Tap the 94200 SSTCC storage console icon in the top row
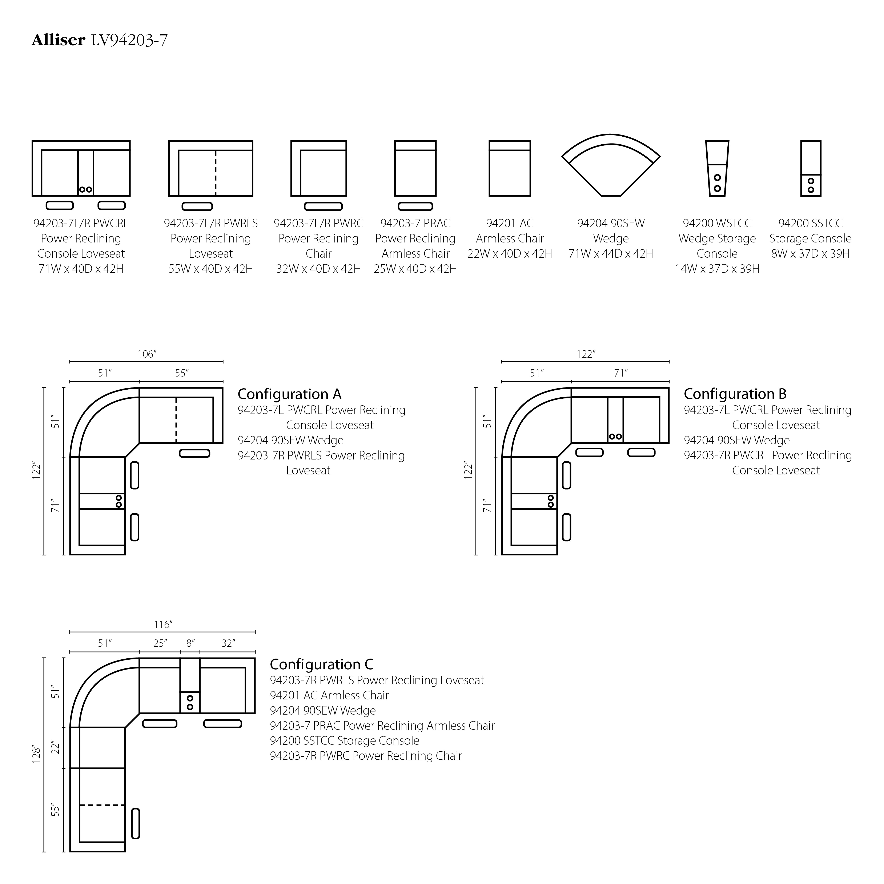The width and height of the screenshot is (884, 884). [810, 168]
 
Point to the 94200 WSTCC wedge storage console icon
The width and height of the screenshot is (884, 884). [717, 168]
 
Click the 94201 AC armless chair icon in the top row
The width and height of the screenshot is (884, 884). [510, 168]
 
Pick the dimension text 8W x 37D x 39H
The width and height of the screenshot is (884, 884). [810, 253]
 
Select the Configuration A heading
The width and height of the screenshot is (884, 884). [289, 394]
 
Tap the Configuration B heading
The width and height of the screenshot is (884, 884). [735, 394]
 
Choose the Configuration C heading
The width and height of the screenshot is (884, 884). [321, 664]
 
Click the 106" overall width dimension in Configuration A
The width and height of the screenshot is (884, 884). [147, 354]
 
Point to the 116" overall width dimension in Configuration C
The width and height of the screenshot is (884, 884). [162, 624]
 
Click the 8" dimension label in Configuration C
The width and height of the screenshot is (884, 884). [190, 643]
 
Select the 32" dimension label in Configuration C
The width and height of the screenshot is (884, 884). [228, 643]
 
